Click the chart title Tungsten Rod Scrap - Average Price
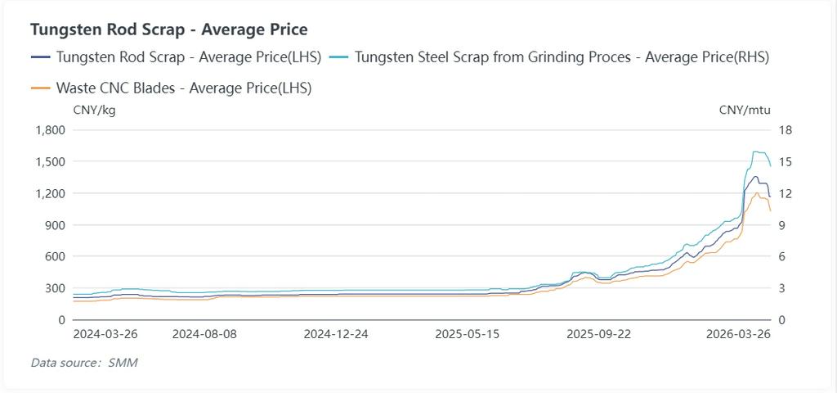pyautogui.click(x=168, y=29)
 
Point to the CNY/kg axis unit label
pyautogui.click(x=95, y=110)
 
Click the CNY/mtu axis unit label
pyautogui.click(x=745, y=110)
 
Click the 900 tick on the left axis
pyautogui.click(x=55, y=225)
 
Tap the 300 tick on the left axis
pyautogui.click(x=55, y=288)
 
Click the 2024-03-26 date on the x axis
pyautogui.click(x=105, y=334)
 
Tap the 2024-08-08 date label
pyautogui.click(x=205, y=334)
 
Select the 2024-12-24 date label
pyautogui.click(x=336, y=334)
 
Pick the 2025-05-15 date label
pyautogui.click(x=467, y=334)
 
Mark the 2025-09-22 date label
pyautogui.click(x=599, y=334)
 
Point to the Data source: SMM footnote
pyautogui.click(x=84, y=362)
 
